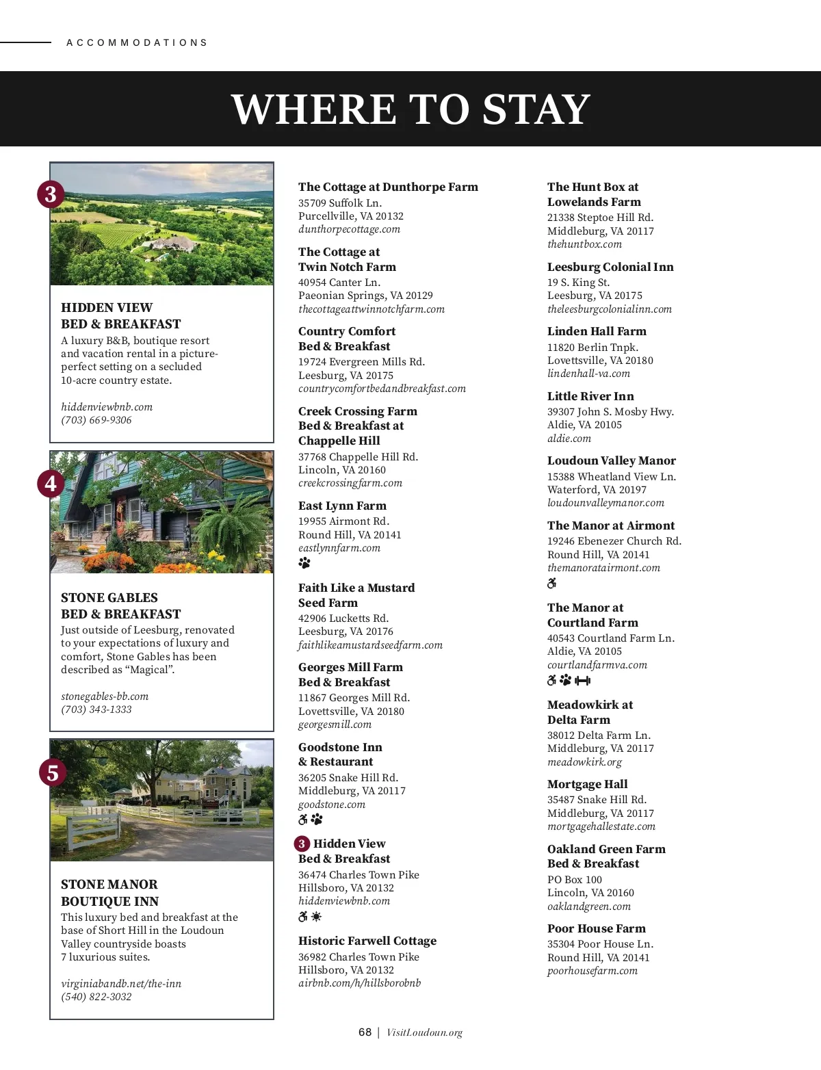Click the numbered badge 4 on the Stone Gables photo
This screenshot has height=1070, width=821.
pyautogui.click(x=51, y=484)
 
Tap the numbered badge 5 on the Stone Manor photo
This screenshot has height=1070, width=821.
pyautogui.click(x=53, y=773)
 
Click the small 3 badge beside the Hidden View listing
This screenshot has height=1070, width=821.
pyautogui.click(x=302, y=844)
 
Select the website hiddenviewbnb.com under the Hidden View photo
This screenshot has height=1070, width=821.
pyautogui.click(x=107, y=407)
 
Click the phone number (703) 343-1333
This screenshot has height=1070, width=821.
pyautogui.click(x=96, y=709)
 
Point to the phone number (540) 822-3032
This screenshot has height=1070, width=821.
pyautogui.click(x=96, y=997)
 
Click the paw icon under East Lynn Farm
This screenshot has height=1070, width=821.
pyautogui.click(x=304, y=563)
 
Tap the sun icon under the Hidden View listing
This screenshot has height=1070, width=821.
pyautogui.click(x=316, y=917)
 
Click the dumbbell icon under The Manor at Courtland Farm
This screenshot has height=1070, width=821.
pyautogui.click(x=582, y=681)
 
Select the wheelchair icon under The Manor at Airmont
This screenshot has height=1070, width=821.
pyautogui.click(x=552, y=584)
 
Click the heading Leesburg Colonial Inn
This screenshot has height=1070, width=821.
pyautogui.click(x=610, y=267)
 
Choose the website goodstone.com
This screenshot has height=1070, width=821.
pyautogui.click(x=332, y=805)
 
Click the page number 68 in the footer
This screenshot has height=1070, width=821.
pyautogui.click(x=365, y=1032)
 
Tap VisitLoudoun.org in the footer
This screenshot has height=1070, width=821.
pyautogui.click(x=424, y=1033)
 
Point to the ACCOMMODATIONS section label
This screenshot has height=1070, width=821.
pyautogui.click(x=137, y=42)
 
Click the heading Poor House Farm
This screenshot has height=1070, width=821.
pyautogui.click(x=596, y=928)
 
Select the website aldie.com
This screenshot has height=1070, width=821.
pyautogui.click(x=569, y=439)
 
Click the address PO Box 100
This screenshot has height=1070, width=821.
pyautogui.click(x=575, y=880)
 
